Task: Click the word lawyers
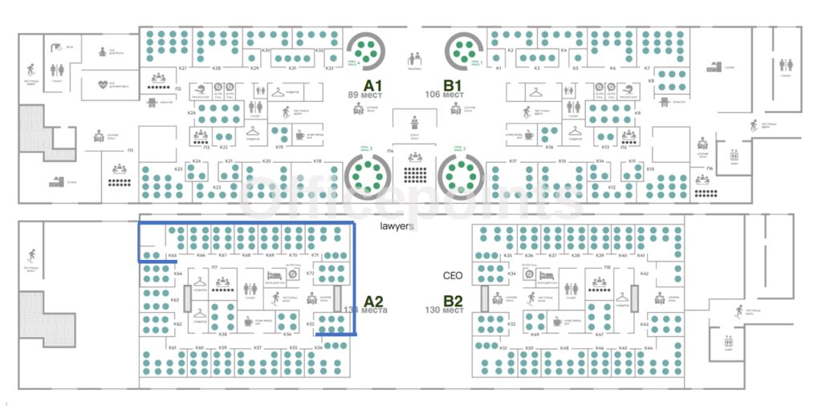397,226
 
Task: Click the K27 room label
183,68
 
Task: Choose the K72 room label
310,273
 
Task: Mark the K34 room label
511,274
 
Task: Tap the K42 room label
645,274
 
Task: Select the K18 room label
317,162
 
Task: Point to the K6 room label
612,68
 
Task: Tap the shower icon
56,47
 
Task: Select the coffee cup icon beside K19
299,135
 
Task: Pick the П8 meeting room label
608,266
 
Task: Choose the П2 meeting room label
178,87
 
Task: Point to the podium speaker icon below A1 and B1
415,122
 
